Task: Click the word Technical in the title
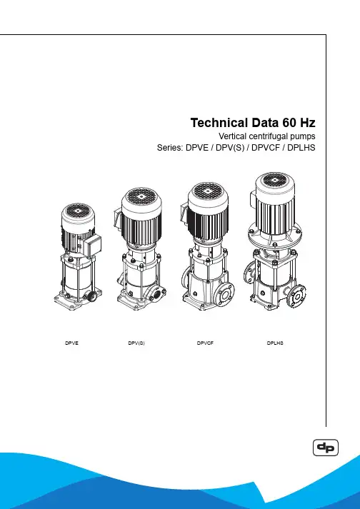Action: click(219, 123)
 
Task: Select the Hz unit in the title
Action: click(307, 123)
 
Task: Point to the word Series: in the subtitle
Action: click(170, 148)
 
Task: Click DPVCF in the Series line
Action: click(266, 148)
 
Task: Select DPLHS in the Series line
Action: click(301, 148)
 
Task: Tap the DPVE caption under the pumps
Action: click(72, 343)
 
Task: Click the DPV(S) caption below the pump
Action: click(136, 343)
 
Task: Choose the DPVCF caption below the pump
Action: click(205, 343)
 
